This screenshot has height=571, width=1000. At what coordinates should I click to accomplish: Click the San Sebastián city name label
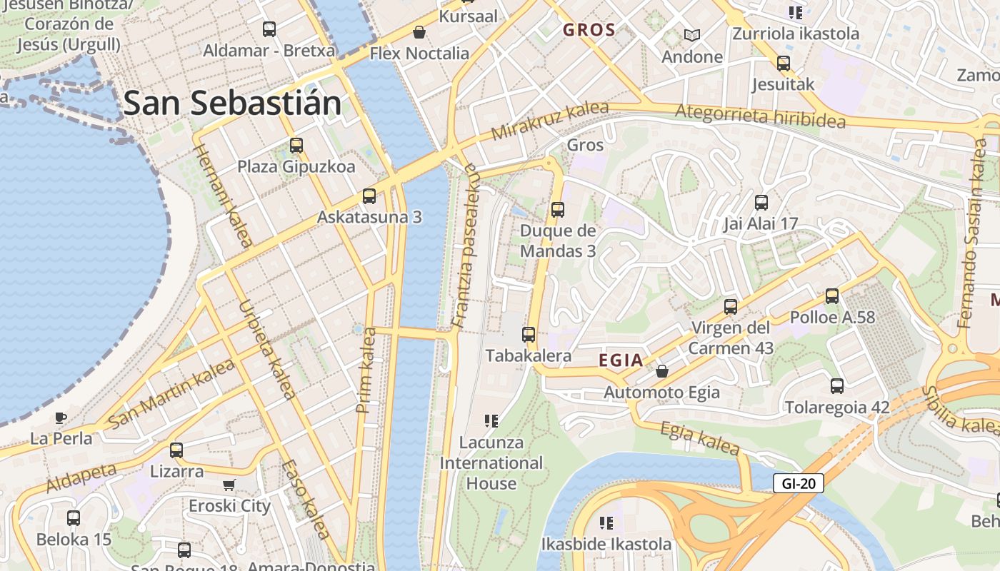click(233, 103)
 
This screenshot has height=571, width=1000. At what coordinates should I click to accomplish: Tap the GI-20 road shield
click(799, 483)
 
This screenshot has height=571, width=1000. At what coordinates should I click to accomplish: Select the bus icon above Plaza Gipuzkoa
click(296, 146)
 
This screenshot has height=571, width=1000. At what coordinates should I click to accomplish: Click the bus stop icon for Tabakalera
click(529, 334)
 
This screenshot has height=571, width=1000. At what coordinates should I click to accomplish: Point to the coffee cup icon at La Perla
click(61, 418)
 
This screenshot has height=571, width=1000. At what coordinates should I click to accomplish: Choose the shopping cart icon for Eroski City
click(229, 485)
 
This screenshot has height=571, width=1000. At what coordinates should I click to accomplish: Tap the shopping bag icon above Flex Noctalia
click(419, 32)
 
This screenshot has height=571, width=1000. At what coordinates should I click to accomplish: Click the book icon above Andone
click(691, 34)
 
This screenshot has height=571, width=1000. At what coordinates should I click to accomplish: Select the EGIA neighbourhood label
click(621, 361)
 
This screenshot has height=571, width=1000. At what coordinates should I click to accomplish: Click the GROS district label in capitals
click(589, 30)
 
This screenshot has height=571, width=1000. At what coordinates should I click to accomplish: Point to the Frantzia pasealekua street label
click(464, 246)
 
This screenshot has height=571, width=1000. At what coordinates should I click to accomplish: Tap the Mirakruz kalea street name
click(550, 121)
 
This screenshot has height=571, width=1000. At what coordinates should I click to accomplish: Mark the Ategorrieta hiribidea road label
click(760, 116)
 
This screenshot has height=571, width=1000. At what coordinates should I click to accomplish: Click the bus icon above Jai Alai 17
click(761, 202)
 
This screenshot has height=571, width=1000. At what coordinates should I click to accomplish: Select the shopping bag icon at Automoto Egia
click(662, 371)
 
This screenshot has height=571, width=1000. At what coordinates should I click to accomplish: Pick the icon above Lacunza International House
click(491, 421)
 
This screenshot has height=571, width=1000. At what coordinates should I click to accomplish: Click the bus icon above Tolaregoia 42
click(837, 386)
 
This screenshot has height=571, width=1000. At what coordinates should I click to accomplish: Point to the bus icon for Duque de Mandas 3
click(558, 210)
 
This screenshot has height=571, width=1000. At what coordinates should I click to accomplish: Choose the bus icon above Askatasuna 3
click(369, 196)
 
